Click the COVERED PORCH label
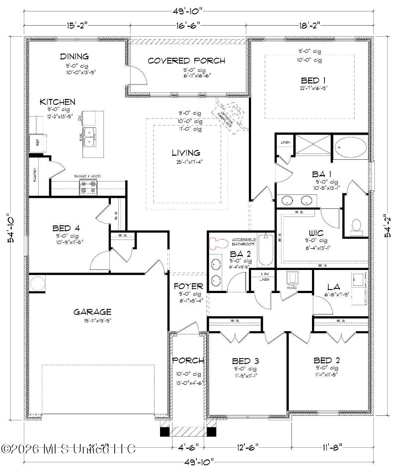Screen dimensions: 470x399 (x=186, y=61)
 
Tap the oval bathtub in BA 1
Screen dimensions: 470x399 (x=351, y=147)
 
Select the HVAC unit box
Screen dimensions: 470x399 (x=293, y=278)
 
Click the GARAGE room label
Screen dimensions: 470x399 (x=92, y=312)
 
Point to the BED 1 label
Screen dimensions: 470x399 (x=313, y=80)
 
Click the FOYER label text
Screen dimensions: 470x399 (x=188, y=286)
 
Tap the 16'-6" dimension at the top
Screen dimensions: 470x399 (x=188, y=25)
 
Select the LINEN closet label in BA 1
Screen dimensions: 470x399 (x=285, y=143)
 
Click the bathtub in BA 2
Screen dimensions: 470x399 (x=266, y=250)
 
